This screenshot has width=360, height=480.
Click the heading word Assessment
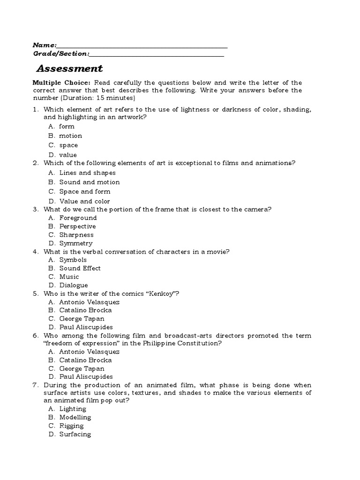click(x=69, y=68)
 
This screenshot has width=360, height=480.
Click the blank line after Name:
click(x=142, y=47)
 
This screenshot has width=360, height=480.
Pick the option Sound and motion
click(x=89, y=182)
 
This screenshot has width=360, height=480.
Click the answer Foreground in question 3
click(x=78, y=217)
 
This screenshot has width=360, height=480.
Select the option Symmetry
click(x=75, y=243)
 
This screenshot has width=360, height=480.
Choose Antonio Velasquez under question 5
click(x=89, y=302)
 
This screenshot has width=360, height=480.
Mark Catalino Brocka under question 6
click(x=85, y=360)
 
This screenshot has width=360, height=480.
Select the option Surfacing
click(x=75, y=434)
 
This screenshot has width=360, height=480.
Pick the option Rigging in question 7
click(x=71, y=426)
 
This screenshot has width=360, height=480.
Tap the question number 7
click(x=35, y=384)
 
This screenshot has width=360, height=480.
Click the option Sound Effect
click(x=80, y=268)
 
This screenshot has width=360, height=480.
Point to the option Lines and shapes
click(x=87, y=172)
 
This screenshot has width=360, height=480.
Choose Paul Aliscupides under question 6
click(x=86, y=376)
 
